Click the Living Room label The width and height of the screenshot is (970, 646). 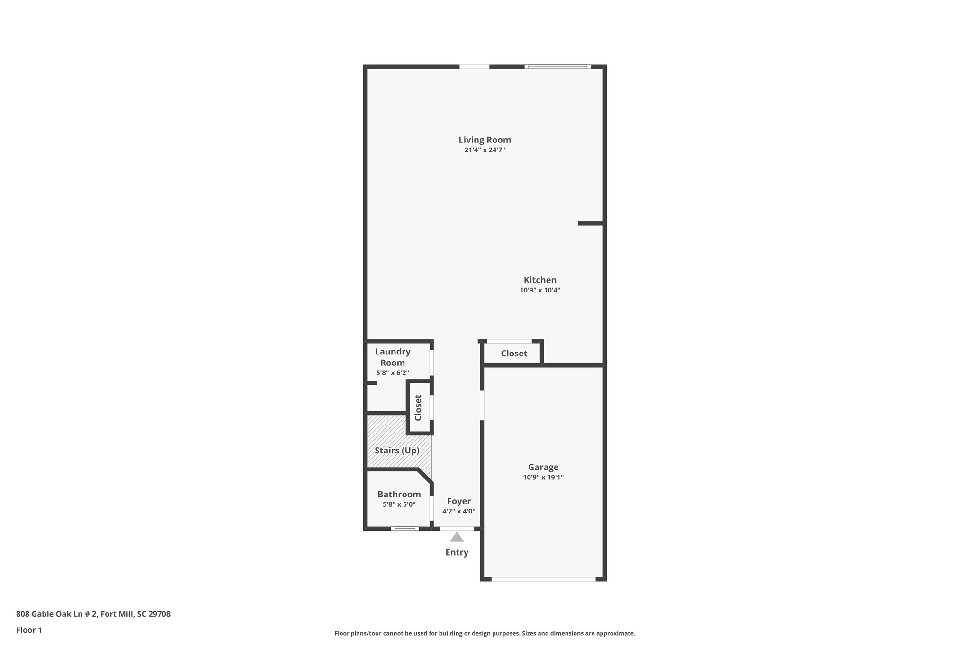(485, 140)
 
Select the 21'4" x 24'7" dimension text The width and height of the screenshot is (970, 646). (485, 150)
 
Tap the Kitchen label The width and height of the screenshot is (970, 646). (540, 280)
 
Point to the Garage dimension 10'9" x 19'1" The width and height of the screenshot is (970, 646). (543, 478)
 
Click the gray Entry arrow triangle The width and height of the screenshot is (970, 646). (457, 537)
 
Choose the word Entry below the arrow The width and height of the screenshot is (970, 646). (457, 552)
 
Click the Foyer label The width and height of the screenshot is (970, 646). (459, 501)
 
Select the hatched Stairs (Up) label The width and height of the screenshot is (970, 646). (397, 451)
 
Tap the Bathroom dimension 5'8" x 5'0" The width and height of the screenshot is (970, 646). (399, 504)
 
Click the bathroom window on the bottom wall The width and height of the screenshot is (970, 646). (404, 528)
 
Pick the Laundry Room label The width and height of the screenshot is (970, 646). (393, 357)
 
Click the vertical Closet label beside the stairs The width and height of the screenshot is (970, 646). (418, 407)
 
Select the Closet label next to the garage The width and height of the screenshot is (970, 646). (514, 354)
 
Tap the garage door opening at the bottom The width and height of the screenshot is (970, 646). (543, 579)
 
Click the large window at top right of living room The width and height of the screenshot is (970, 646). (557, 67)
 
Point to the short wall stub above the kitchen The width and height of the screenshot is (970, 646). (590, 223)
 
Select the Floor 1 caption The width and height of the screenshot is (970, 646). (29, 630)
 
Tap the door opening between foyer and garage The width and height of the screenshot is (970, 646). (482, 405)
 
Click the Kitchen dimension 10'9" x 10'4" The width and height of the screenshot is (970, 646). (540, 290)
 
